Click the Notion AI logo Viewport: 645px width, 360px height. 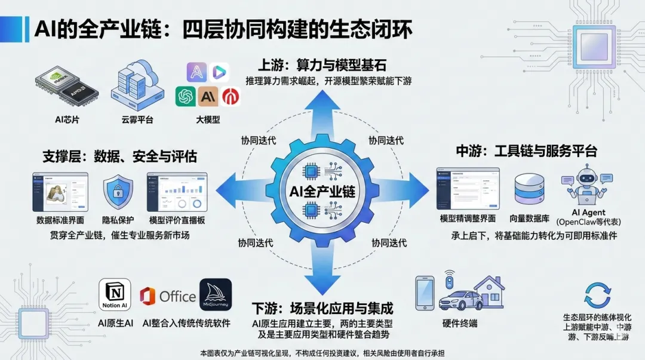tap(114, 295)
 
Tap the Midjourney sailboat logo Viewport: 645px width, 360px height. tap(215, 295)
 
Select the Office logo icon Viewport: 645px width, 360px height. tap(148, 296)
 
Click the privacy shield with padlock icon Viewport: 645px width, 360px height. tap(118, 192)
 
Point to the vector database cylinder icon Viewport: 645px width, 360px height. tap(530, 190)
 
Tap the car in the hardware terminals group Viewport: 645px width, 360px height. tap(460, 299)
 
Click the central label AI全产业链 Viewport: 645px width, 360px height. tap(322, 192)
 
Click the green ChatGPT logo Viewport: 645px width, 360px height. tap(186, 96)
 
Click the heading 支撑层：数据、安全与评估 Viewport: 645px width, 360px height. tap(119, 156)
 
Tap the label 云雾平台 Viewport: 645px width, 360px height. tap(137, 119)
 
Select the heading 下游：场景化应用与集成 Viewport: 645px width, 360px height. tap(322, 309)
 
